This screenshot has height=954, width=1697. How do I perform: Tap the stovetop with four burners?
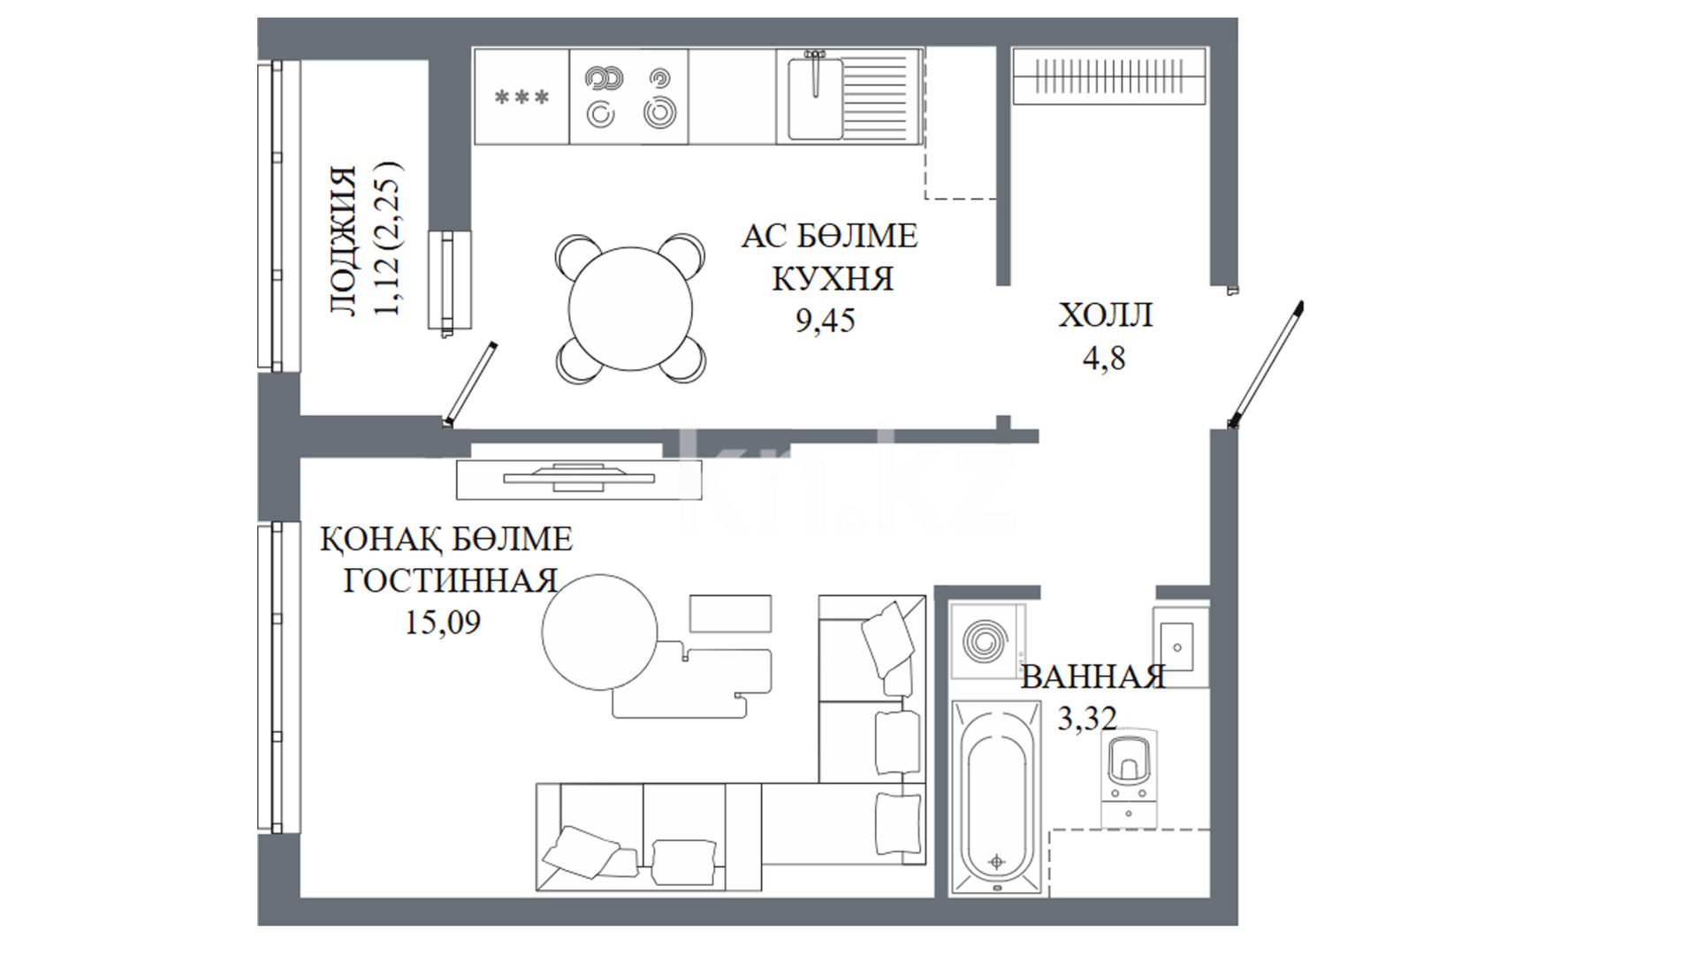coord(628,96)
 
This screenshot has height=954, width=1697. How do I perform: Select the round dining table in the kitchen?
coord(630,309)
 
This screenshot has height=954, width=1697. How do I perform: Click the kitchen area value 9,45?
coord(826,320)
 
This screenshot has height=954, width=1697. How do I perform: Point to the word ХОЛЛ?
coord(1106,315)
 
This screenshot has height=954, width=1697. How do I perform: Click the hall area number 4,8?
coord(1104,358)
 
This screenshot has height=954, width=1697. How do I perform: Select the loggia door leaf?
coord(470,384)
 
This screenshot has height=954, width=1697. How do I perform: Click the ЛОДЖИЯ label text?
coord(343,240)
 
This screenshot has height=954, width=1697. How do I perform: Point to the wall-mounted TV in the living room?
coord(579,478)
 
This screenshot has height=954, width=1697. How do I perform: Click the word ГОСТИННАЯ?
coord(450,581)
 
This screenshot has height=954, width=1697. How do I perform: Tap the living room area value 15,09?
coord(443,623)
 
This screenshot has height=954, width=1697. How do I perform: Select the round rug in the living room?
coord(600,632)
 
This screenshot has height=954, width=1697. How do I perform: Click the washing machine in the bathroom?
coord(987,640)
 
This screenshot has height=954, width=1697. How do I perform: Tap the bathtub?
coord(996,798)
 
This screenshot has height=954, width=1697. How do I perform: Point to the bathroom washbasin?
coord(1180,646)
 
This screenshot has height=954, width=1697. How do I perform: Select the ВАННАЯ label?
coord(1093,678)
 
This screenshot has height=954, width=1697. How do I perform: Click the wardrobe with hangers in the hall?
coord(1109,77)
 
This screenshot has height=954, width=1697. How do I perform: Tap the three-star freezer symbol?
coord(521,97)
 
